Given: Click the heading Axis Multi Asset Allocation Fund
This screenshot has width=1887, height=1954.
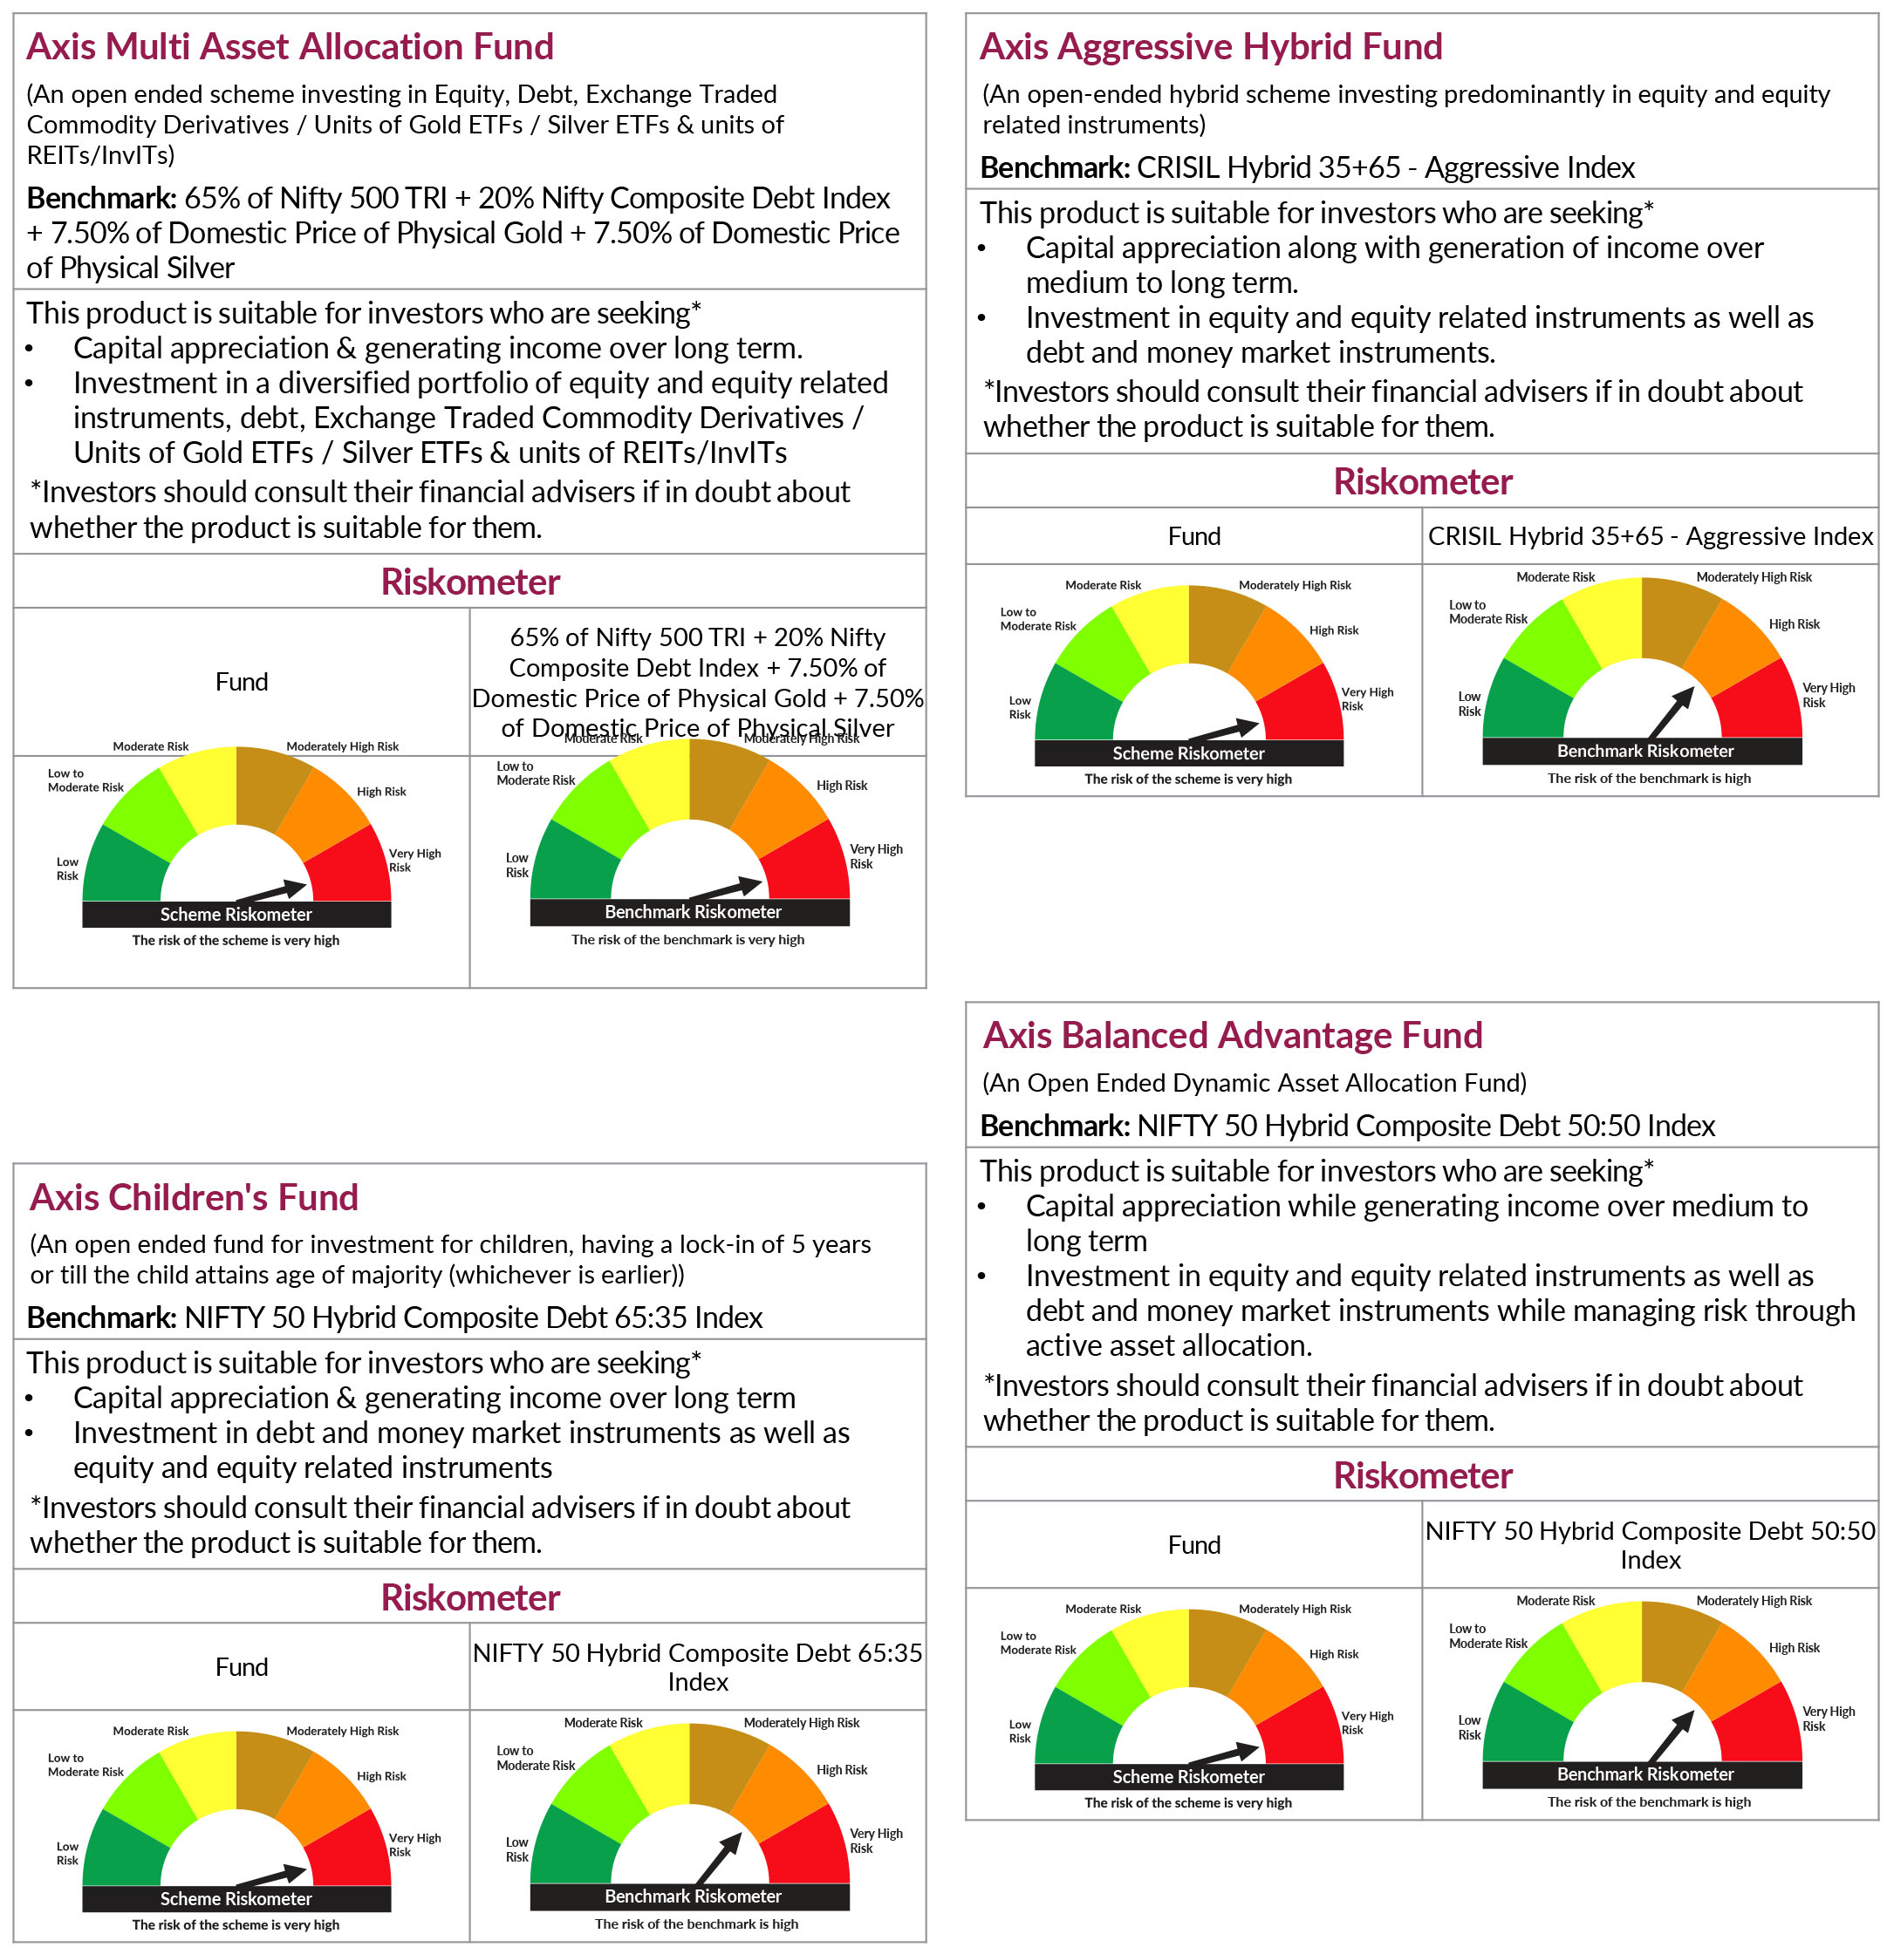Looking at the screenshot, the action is point(291,47).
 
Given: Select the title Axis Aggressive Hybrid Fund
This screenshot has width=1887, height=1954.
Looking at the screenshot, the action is point(1210,47).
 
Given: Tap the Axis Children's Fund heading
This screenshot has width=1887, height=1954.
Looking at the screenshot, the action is point(194,1196).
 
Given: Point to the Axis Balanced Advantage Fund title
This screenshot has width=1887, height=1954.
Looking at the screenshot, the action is point(1233,1035).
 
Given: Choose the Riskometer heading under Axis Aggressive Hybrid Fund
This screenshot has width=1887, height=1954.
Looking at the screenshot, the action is point(1422,481).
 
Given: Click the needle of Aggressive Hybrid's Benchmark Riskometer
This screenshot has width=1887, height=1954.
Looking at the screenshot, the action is point(1672,711).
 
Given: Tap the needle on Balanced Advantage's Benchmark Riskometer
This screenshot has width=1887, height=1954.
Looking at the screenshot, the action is point(1672,1736).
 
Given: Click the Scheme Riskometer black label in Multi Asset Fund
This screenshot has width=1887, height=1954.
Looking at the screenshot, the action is point(236,914).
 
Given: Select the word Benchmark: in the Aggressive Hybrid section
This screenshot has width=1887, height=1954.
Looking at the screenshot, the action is point(1054,167).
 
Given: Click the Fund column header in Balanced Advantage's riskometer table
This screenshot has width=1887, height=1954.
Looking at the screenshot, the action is point(1193,1544).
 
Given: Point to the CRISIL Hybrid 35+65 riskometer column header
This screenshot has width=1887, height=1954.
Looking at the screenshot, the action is point(1650,536).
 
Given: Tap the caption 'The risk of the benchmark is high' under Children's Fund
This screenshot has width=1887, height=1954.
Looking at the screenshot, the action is point(696,1924).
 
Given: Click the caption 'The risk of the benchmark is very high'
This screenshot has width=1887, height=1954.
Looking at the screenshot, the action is point(687,939).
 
